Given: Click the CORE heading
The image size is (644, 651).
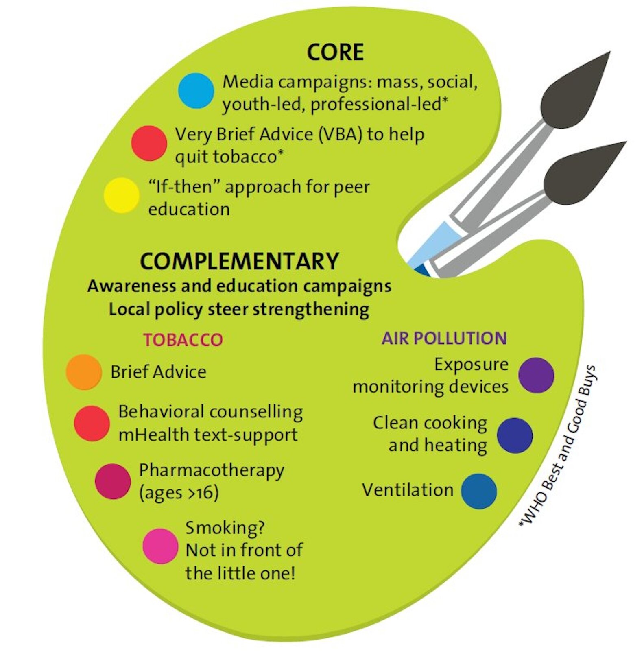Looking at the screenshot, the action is point(335,52).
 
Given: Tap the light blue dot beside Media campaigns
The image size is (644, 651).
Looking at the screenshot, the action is point(196,91).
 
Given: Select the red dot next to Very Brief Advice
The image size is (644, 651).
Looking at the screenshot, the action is point(149,143).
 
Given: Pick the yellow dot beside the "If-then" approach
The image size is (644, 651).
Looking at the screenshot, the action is point(122,195).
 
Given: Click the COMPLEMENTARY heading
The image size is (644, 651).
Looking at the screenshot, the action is point(239,261).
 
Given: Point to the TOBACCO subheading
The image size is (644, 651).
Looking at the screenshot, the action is point(183,340).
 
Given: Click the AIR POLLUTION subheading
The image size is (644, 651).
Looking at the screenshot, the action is point(444,338).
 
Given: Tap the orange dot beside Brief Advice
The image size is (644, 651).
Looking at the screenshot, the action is point(84,372).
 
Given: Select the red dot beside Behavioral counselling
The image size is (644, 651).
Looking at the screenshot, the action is point(92,423).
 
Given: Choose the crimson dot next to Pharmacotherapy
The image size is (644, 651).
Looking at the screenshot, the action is point(113,481).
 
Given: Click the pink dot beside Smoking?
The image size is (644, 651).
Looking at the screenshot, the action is point(160,546).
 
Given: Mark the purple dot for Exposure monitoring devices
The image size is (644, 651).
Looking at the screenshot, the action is point(536,375).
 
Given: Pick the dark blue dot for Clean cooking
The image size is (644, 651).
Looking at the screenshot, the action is point(515,435).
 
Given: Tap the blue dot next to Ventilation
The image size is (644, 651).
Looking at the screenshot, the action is point(479,491).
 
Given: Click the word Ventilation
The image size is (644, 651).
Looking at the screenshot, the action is point(408,490).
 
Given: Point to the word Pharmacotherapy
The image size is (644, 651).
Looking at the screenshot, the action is point(212,471).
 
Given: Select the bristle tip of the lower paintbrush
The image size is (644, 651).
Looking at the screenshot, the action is point(626,142).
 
